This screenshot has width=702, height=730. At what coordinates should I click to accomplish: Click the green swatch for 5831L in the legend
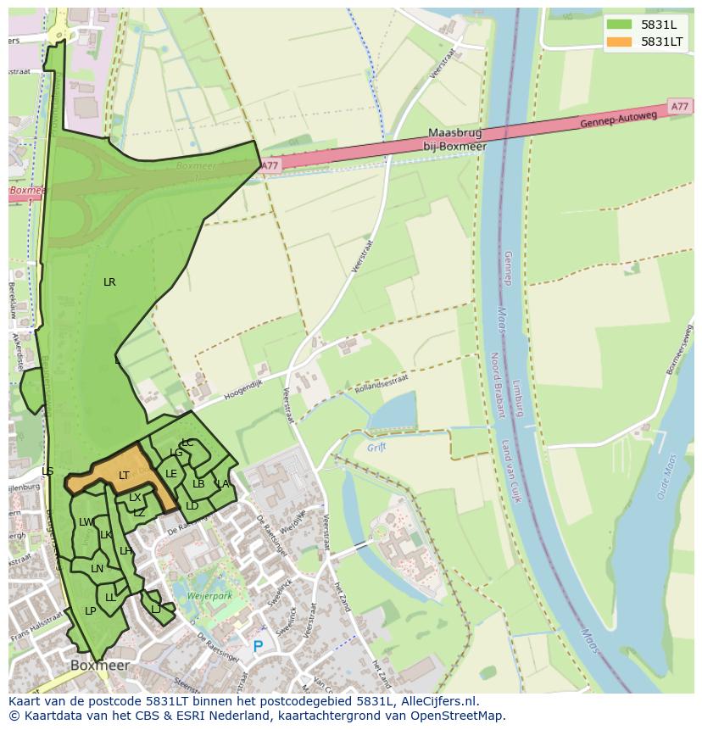[x=619, y=25]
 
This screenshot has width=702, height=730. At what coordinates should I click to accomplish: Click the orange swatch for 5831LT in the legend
[x=619, y=42]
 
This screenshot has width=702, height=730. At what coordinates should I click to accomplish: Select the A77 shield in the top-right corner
[x=679, y=106]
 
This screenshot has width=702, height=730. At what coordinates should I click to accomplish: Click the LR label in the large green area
[x=109, y=282]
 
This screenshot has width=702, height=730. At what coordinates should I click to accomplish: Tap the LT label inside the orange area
[x=124, y=476]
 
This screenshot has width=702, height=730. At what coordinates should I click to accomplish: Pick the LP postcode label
[x=91, y=610]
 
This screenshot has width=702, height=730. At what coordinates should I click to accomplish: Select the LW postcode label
[x=86, y=522]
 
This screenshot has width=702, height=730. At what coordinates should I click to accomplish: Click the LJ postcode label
[x=156, y=609]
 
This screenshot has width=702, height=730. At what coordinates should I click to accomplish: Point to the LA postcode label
[x=223, y=484]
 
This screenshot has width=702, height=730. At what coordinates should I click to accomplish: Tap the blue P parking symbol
[x=258, y=647]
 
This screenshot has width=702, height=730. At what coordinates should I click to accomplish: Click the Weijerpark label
[x=209, y=597]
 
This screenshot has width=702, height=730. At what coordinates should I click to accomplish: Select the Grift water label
[x=376, y=447]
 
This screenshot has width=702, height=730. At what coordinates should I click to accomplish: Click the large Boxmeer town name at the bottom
[x=100, y=666]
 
